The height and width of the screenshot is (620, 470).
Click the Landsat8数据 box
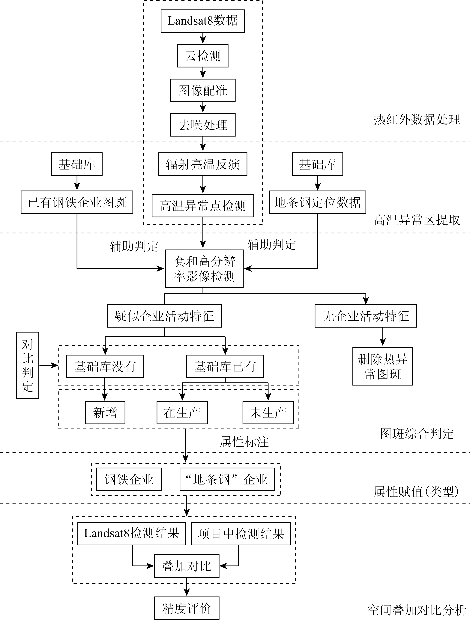click(x=203, y=21)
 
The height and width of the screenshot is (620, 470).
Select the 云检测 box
click(x=203, y=56)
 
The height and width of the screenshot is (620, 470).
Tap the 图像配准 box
click(x=203, y=90)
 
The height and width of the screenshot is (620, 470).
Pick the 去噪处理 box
click(x=203, y=125)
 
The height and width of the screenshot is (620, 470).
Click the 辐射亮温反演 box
click(x=203, y=164)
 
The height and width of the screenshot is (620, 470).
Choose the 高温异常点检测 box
click(x=203, y=205)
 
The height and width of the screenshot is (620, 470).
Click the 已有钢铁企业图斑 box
click(x=77, y=202)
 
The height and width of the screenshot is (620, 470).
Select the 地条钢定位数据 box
click(x=318, y=202)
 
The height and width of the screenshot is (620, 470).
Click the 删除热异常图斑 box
click(x=383, y=366)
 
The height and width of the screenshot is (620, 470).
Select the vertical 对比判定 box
click(x=28, y=365)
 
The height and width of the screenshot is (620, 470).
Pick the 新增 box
click(x=105, y=413)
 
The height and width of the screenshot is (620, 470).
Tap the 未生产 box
click(x=268, y=413)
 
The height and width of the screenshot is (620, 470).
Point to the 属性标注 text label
click(x=244, y=442)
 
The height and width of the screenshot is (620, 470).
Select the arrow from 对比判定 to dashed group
click(x=49, y=365)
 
